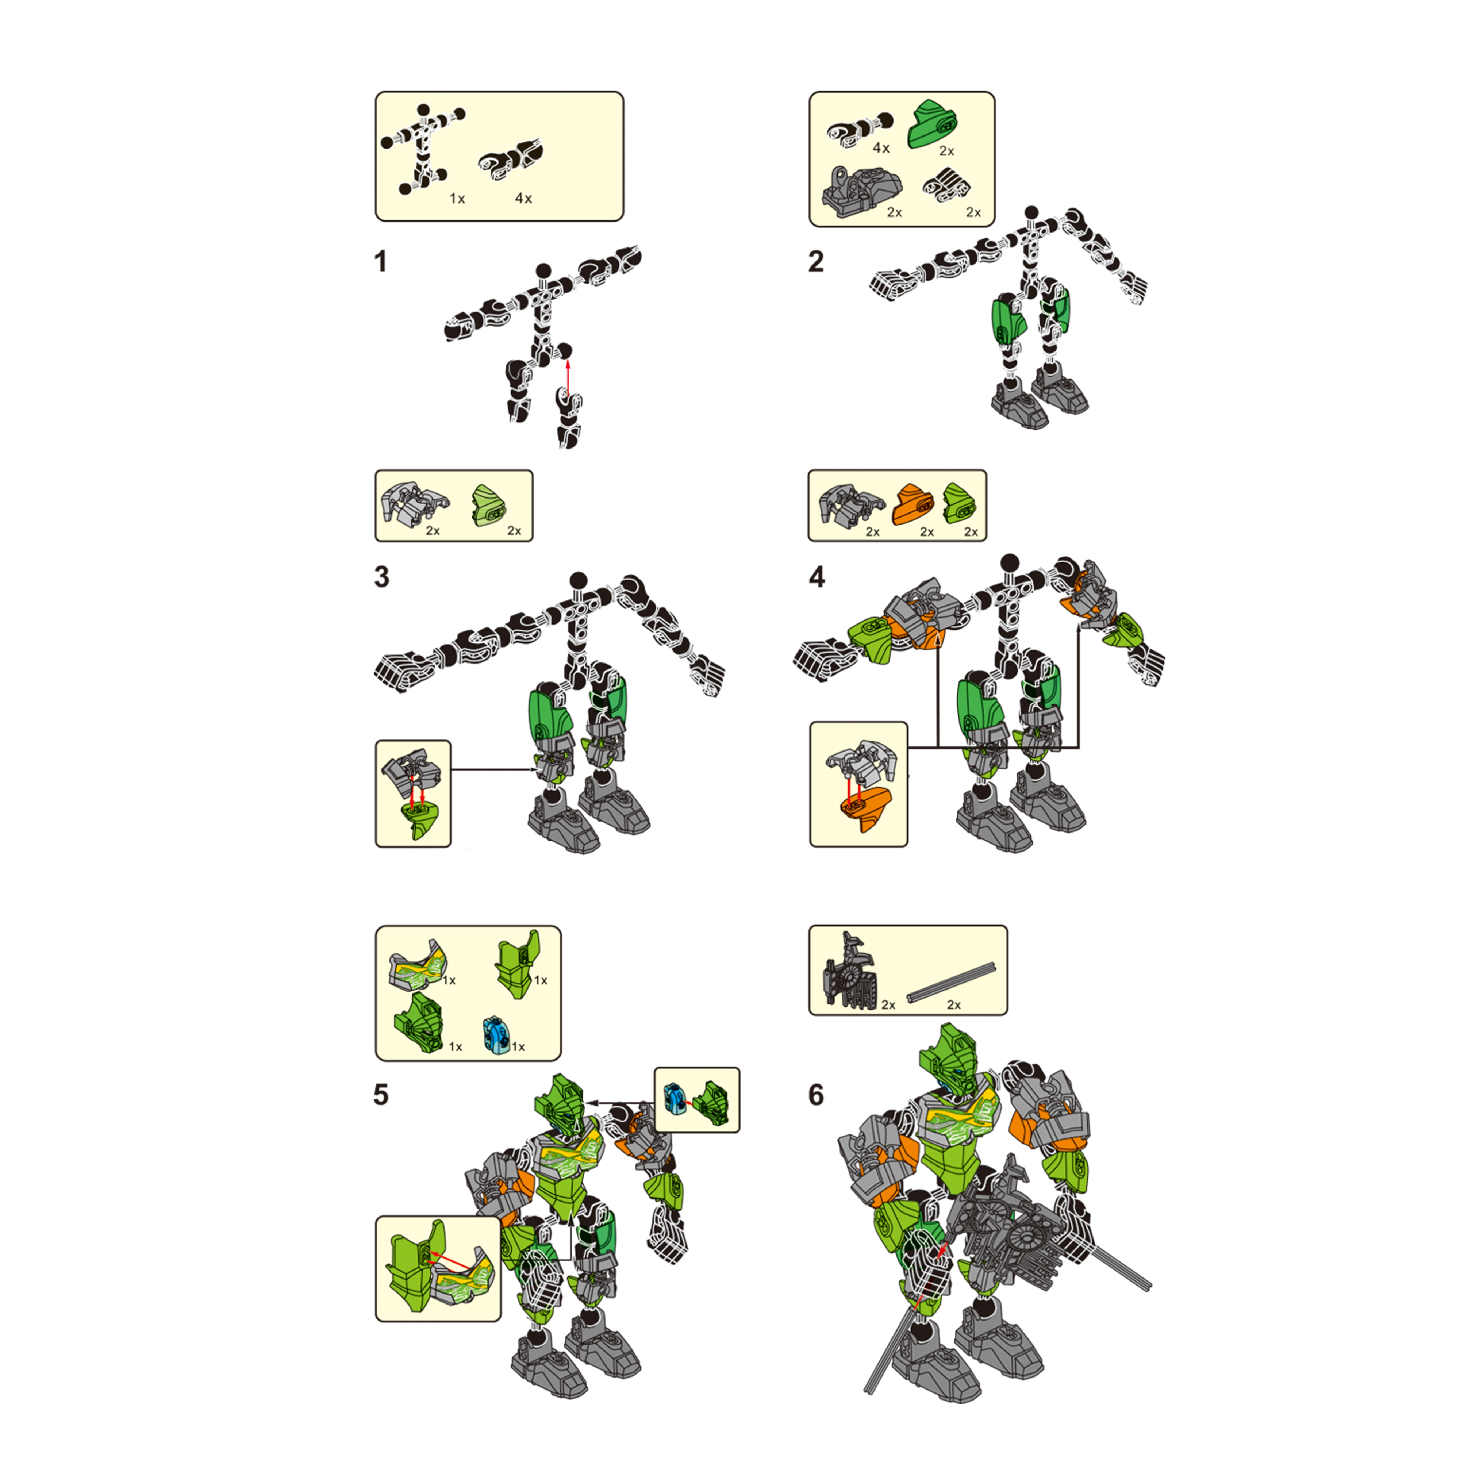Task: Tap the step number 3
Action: coord(382,577)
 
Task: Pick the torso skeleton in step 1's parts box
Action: coord(423,150)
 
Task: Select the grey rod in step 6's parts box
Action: coord(951,983)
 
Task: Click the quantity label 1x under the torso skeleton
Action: coord(457,199)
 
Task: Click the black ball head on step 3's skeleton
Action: coord(579,580)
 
